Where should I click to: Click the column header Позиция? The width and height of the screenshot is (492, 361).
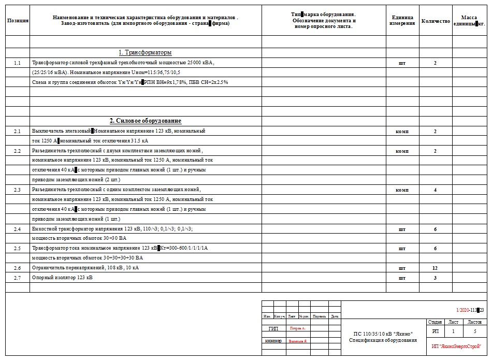18,21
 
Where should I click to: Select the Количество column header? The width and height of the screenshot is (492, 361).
436,21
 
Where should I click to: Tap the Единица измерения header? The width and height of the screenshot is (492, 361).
402,21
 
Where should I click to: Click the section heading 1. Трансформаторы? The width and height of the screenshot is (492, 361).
146,53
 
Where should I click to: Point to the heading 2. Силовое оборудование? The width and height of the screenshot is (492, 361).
146,121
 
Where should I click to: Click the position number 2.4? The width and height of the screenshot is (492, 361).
18,229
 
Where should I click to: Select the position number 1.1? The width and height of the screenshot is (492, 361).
18,63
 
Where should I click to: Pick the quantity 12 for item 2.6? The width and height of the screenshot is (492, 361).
435,268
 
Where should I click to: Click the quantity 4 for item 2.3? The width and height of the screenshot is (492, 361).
435,190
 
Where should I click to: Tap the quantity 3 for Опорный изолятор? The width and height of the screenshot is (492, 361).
435,278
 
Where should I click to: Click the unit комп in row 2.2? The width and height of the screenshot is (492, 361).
402,151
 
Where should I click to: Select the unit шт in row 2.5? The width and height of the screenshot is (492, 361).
402,249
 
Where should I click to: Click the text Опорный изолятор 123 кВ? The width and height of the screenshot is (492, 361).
63,278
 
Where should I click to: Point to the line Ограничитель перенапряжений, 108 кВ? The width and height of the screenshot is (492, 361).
85,268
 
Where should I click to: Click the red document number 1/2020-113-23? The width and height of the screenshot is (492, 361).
470,310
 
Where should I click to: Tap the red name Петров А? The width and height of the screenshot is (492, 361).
298,328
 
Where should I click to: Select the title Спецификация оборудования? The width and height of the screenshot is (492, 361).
383,340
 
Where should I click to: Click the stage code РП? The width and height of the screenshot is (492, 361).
435,331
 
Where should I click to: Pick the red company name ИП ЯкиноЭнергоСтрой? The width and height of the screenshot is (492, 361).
456,345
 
